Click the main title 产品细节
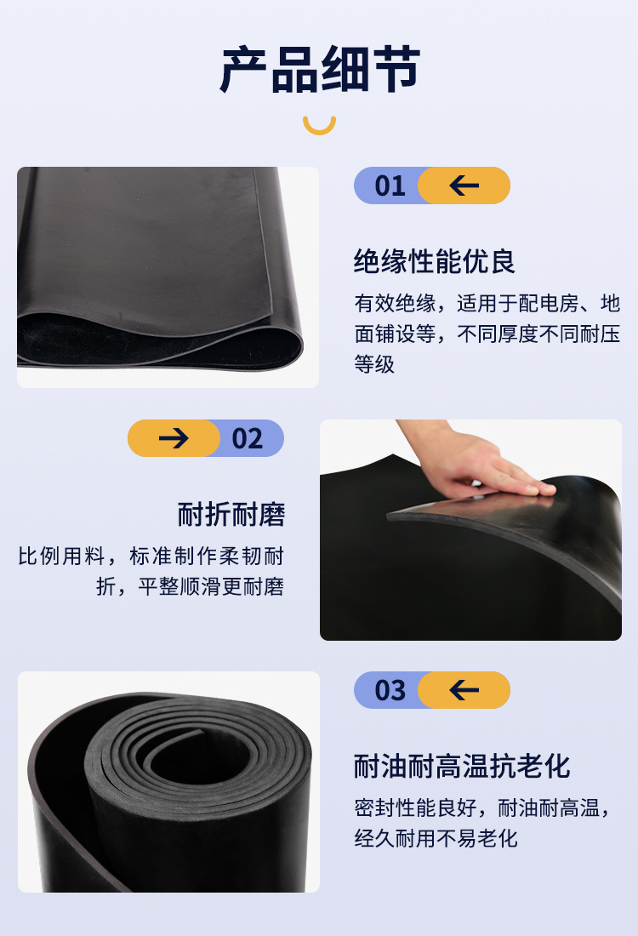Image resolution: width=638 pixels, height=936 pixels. (x=319, y=70)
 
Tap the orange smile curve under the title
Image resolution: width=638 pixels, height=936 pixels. (x=319, y=126)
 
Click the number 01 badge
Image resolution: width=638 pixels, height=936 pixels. (x=390, y=185)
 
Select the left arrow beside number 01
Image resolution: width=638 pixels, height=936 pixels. (x=464, y=185)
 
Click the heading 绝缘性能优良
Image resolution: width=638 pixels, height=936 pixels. (x=435, y=261)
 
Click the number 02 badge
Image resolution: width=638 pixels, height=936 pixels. (x=248, y=438)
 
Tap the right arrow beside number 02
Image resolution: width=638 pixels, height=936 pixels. (x=174, y=438)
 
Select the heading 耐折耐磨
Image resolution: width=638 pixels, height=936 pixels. (x=231, y=514)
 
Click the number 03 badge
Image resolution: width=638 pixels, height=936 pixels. (x=390, y=690)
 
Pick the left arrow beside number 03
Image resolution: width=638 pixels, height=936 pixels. (x=464, y=690)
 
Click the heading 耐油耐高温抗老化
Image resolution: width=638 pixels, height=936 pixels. (x=462, y=766)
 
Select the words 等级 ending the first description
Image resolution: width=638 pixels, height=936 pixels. (x=374, y=364)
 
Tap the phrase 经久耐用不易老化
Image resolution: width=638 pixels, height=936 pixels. (x=436, y=838)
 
